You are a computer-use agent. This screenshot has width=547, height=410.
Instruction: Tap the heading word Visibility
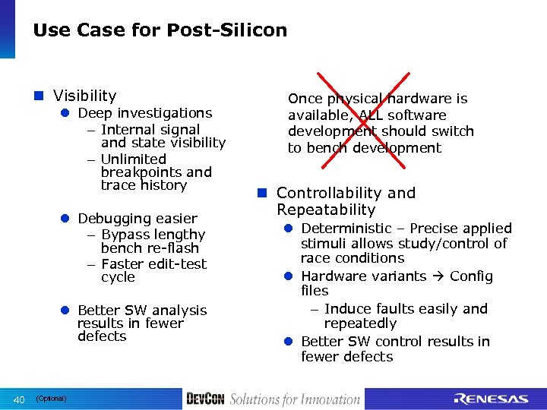tap(84, 96)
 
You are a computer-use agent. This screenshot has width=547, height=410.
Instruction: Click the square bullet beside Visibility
tap(40, 96)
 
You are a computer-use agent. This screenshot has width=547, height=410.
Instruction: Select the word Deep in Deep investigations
tap(95, 113)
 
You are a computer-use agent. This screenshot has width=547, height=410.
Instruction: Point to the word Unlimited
tap(133, 159)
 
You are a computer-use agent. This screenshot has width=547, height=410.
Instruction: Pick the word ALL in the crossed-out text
tap(346, 115)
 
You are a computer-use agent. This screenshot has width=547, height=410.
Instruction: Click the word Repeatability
tap(326, 210)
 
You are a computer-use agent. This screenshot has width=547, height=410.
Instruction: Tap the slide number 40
tap(20, 399)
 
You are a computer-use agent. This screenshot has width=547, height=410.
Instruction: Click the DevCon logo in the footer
tap(205, 399)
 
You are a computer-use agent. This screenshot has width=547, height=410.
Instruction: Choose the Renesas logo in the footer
tap(490, 399)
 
